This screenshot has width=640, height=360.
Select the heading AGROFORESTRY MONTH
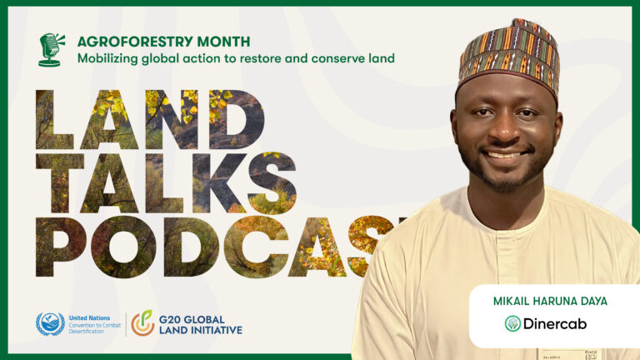point(163,41)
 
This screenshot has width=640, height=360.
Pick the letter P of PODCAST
point(62,247)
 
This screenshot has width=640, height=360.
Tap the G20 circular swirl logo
point(142,323)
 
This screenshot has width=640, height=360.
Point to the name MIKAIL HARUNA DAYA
point(553,302)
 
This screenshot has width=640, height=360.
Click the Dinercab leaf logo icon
point(512,323)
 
